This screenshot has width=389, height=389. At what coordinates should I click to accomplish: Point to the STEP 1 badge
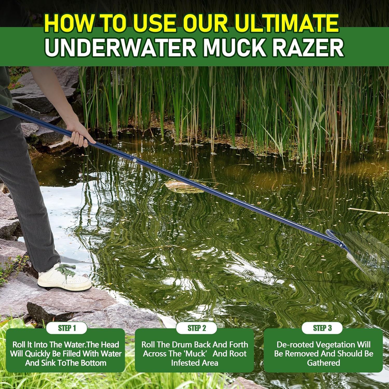click(67, 328)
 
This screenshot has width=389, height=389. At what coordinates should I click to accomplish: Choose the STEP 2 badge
click(197, 328)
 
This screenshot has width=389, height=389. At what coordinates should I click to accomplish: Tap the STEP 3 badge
click(322, 328)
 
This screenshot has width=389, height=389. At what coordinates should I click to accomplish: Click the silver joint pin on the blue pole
click(134, 161)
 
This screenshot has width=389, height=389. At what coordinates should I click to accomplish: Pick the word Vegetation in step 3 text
click(330, 345)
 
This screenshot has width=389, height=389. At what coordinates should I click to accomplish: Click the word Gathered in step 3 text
click(323, 363)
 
